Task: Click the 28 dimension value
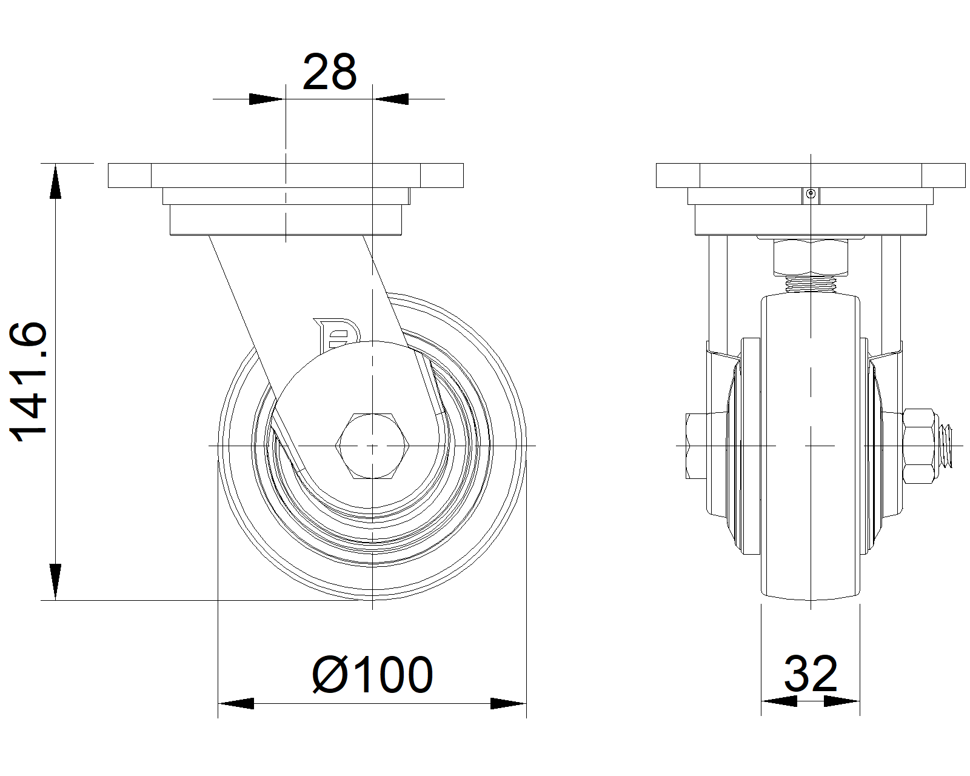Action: coord(329,72)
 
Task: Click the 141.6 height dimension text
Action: coord(28,381)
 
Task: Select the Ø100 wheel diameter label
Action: coord(372,675)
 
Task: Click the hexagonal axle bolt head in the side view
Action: coord(372,446)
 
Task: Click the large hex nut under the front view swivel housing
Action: coord(811,258)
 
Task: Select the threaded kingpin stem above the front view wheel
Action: coord(811,284)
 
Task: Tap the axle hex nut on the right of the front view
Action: coord(918,446)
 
